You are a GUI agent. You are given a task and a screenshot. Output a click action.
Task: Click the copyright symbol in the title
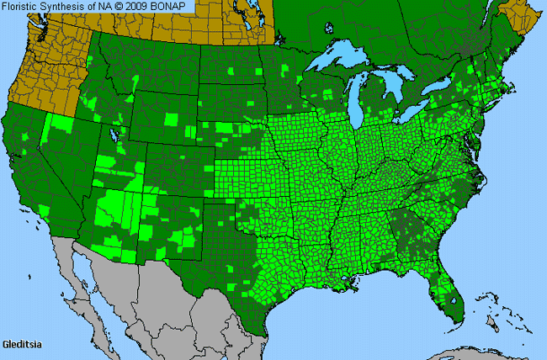point(120,7)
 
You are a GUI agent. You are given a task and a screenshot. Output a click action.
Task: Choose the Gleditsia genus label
point(20,345)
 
